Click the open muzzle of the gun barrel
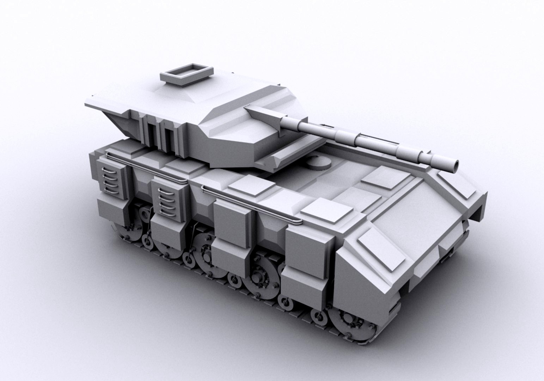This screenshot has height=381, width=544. tap(456, 165)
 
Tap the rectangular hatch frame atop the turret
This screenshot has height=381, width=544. tap(187, 74)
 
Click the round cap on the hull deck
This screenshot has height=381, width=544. tap(318, 163)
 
